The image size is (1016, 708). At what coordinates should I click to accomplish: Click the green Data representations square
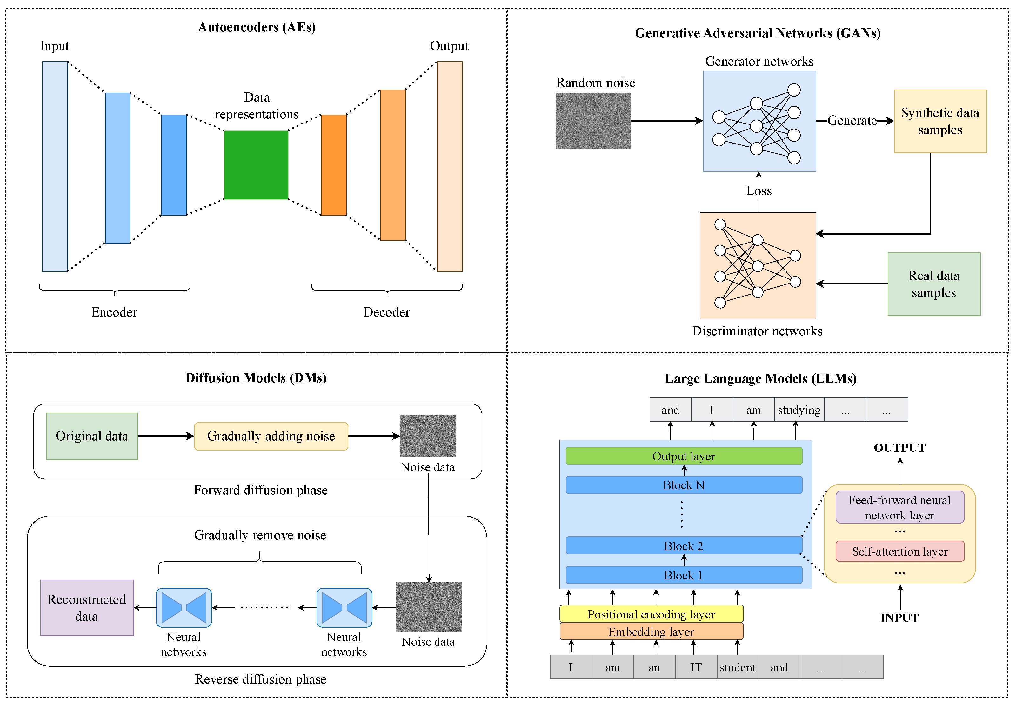pyautogui.click(x=256, y=165)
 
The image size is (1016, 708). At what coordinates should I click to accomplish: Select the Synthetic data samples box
pyautogui.click(x=940, y=121)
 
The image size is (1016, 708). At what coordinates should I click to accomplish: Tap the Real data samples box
pyautogui.click(x=934, y=284)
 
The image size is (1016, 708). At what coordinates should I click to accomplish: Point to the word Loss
pyautogui.click(x=759, y=191)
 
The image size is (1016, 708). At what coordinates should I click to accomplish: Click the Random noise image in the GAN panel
pyautogui.click(x=593, y=121)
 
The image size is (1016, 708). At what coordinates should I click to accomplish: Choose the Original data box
pyautogui.click(x=92, y=436)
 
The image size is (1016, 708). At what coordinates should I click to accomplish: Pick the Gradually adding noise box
pyautogui.click(x=271, y=436)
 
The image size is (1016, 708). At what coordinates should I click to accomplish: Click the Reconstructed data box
pyautogui.click(x=87, y=608)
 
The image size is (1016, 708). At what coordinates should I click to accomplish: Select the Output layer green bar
pyautogui.click(x=684, y=456)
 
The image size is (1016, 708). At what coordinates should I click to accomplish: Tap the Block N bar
pyautogui.click(x=684, y=485)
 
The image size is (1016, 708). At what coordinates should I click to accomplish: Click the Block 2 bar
pyautogui.click(x=684, y=545)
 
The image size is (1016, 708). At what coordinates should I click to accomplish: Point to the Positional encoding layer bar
pyautogui.click(x=651, y=614)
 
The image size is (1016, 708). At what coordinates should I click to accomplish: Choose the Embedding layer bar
pyautogui.click(x=651, y=631)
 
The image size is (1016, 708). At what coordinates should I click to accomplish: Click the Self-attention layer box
pyautogui.click(x=899, y=551)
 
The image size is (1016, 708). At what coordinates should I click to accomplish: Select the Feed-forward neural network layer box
pyautogui.click(x=899, y=508)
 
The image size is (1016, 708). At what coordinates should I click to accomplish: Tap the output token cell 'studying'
pyautogui.click(x=799, y=410)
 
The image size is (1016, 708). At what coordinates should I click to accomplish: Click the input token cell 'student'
pyautogui.click(x=737, y=667)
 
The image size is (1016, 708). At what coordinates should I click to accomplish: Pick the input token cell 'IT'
pyautogui.click(x=696, y=667)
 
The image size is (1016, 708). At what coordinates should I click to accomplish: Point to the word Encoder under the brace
pyautogui.click(x=114, y=312)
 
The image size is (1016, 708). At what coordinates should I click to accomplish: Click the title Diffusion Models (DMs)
pyautogui.click(x=256, y=378)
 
